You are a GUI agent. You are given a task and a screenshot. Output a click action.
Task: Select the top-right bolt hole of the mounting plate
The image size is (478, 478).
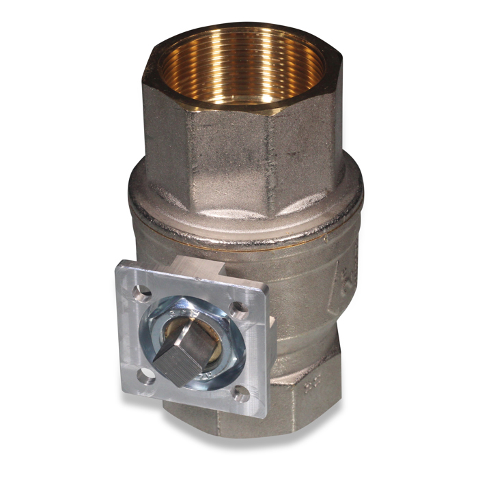coord(240,311)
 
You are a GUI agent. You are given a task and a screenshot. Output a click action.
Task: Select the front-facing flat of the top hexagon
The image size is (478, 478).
coord(229,154)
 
